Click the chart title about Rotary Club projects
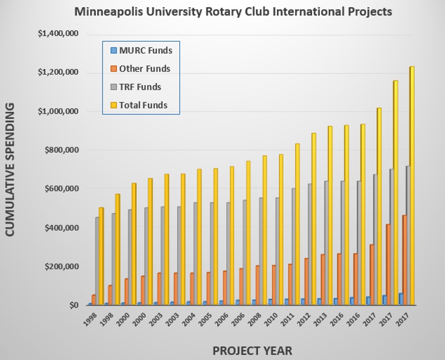point(233,12)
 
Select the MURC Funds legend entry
point(145,50)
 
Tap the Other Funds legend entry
point(144,69)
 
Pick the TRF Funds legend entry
point(140,87)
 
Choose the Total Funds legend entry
point(143,105)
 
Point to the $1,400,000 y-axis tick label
point(58,34)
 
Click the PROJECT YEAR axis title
point(252,350)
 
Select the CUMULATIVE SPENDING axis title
point(11,169)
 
